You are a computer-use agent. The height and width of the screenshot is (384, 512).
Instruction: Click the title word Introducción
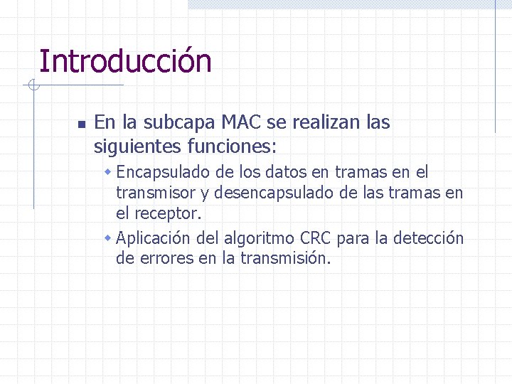coord(125,61)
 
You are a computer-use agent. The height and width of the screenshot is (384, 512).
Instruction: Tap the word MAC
coord(241,122)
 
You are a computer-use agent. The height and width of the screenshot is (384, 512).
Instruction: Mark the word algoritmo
coord(261,238)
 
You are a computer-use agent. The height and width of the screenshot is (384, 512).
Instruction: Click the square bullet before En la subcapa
coord(81,124)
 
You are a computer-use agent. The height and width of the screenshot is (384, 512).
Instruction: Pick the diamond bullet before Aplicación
coord(108,238)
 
